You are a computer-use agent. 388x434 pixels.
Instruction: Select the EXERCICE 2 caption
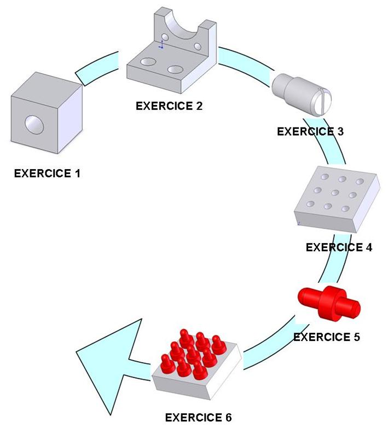(x=169, y=106)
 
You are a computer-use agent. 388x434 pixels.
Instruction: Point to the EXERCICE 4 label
(x=339, y=247)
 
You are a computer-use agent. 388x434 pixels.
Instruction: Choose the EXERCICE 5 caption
(x=327, y=337)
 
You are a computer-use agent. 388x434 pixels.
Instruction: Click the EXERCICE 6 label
(x=199, y=418)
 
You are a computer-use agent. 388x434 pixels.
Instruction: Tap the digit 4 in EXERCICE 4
(x=368, y=247)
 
